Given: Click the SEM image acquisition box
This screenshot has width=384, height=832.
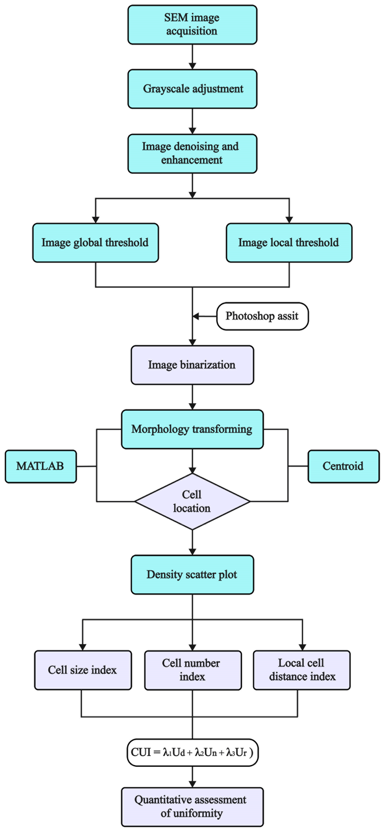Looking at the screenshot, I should point(192,24).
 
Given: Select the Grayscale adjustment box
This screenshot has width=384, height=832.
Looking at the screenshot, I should point(192,89).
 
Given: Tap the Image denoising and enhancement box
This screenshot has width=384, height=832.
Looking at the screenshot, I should point(192,153).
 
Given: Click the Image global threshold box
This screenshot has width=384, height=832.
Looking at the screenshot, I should point(96,243).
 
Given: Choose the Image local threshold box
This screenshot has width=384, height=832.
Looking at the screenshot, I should point(289,243).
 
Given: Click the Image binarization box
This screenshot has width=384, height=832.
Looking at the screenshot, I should point(192,365).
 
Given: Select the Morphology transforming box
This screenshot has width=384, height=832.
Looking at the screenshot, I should point(192,429).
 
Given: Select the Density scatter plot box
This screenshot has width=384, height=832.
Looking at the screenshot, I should point(192,575).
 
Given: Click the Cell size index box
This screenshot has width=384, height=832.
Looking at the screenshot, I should point(83,670).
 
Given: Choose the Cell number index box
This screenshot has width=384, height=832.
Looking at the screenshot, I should point(193,670).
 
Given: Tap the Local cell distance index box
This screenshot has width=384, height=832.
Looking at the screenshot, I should point(302,670).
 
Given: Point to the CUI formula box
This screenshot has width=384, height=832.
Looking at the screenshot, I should point(192,753).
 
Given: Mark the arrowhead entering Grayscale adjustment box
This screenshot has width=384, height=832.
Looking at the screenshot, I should point(192,66).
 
